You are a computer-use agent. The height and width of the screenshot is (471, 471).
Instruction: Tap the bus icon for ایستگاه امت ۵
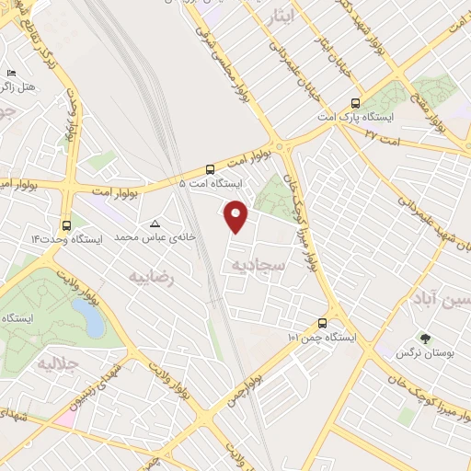211,169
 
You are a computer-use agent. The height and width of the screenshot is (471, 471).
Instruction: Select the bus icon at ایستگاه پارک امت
355,103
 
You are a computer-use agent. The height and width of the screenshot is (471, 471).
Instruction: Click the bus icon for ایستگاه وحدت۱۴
66,224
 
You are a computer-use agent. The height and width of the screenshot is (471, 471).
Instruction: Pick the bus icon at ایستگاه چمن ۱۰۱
322,323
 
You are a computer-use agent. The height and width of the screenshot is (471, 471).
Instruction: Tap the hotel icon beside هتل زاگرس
11,73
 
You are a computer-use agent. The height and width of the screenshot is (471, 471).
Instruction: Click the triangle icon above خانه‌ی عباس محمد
155,224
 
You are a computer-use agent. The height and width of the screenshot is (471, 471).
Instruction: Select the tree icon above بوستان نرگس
424,339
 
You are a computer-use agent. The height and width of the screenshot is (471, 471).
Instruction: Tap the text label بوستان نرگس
420,353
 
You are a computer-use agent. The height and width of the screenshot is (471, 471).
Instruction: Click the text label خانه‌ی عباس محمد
146,237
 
